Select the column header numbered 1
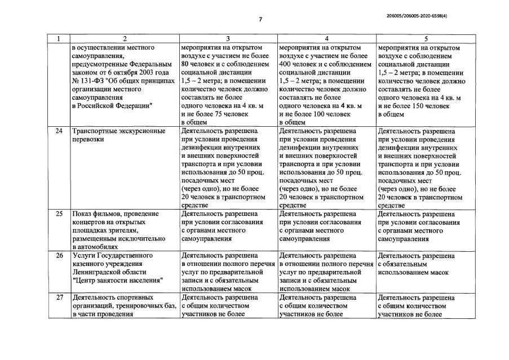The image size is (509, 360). (x=58, y=39)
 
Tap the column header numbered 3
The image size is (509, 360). (x=228, y=39)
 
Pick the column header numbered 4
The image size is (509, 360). (x=326, y=39)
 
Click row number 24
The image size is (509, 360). (x=58, y=131)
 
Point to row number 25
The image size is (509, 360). (x=58, y=214)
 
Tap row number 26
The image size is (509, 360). (x=58, y=255)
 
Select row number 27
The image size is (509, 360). (x=58, y=297)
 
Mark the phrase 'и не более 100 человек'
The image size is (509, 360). (x=314, y=114)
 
